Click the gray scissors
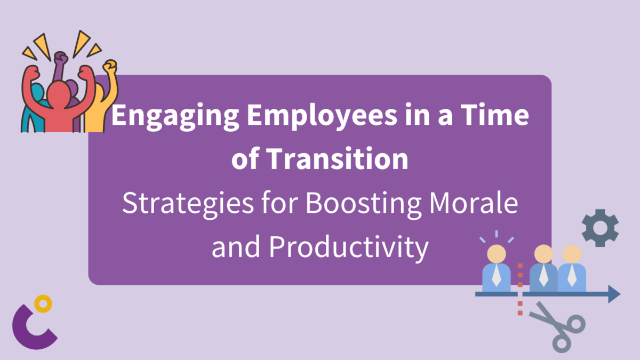[x=557, y=325]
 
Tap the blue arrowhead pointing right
[x=614, y=294]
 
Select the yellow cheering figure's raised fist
[x=110, y=68]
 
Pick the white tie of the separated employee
[x=496, y=274]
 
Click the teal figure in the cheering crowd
[x=36, y=99]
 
